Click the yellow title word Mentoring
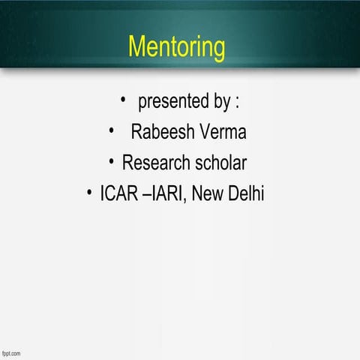click(x=176, y=46)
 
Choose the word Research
click(x=156, y=162)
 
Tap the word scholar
click(x=220, y=162)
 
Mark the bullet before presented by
click(x=123, y=99)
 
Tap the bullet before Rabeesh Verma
click(x=111, y=131)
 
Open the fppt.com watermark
click(x=10, y=352)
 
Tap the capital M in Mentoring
click(x=138, y=46)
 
